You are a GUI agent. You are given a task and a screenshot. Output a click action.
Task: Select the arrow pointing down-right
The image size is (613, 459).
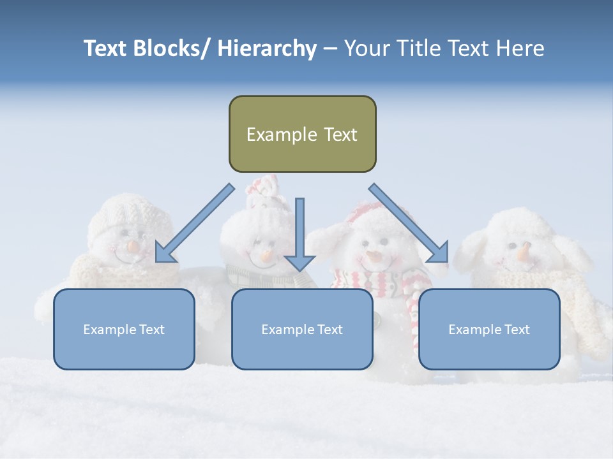click(x=409, y=223)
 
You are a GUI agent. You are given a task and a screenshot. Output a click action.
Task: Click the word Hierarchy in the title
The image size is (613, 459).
click(x=267, y=48)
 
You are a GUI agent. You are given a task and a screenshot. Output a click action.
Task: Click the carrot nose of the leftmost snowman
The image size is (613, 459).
click(x=132, y=246)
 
